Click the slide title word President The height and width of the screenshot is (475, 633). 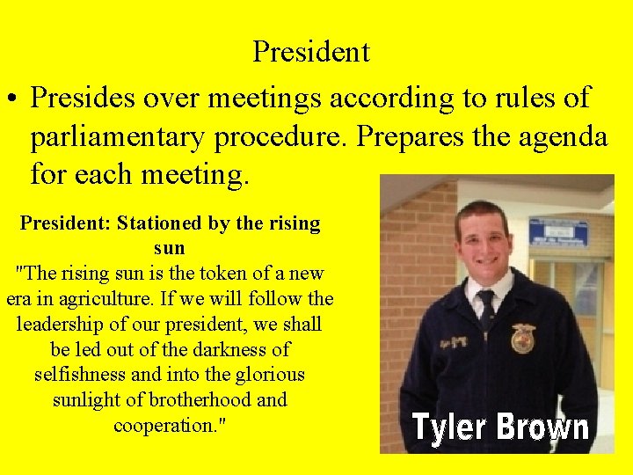tap(311, 52)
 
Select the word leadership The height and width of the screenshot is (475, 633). tap(64, 325)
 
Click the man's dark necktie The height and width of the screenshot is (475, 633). tap(486, 310)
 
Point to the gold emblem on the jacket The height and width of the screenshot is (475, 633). tap(524, 339)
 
